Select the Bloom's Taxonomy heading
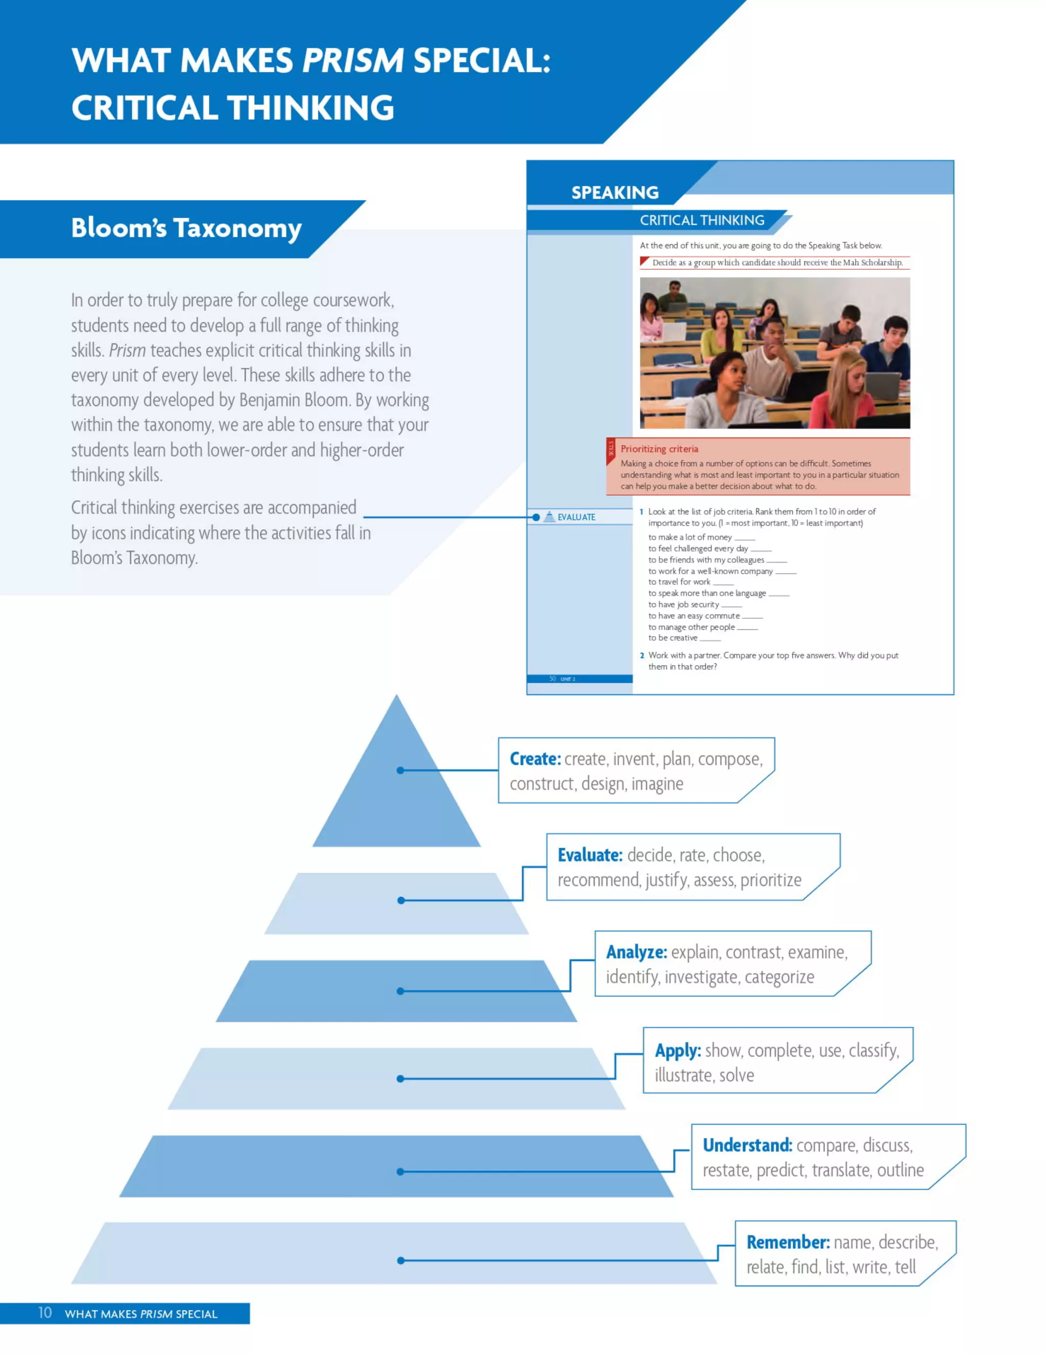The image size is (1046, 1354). (x=186, y=228)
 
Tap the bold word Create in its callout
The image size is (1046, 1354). (x=535, y=759)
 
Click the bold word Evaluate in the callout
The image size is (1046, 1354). (x=589, y=855)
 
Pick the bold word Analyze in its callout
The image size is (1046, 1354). (x=636, y=952)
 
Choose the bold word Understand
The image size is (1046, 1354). (x=747, y=1145)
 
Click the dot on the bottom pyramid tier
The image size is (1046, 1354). (x=401, y=1260)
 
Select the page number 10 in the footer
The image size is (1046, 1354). (x=44, y=1313)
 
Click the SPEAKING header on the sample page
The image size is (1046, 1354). (x=615, y=193)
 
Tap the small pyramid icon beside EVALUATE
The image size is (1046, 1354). (x=549, y=517)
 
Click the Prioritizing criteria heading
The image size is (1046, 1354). (x=659, y=449)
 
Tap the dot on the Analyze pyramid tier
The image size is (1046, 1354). (x=400, y=991)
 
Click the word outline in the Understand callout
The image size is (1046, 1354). (x=900, y=1170)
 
